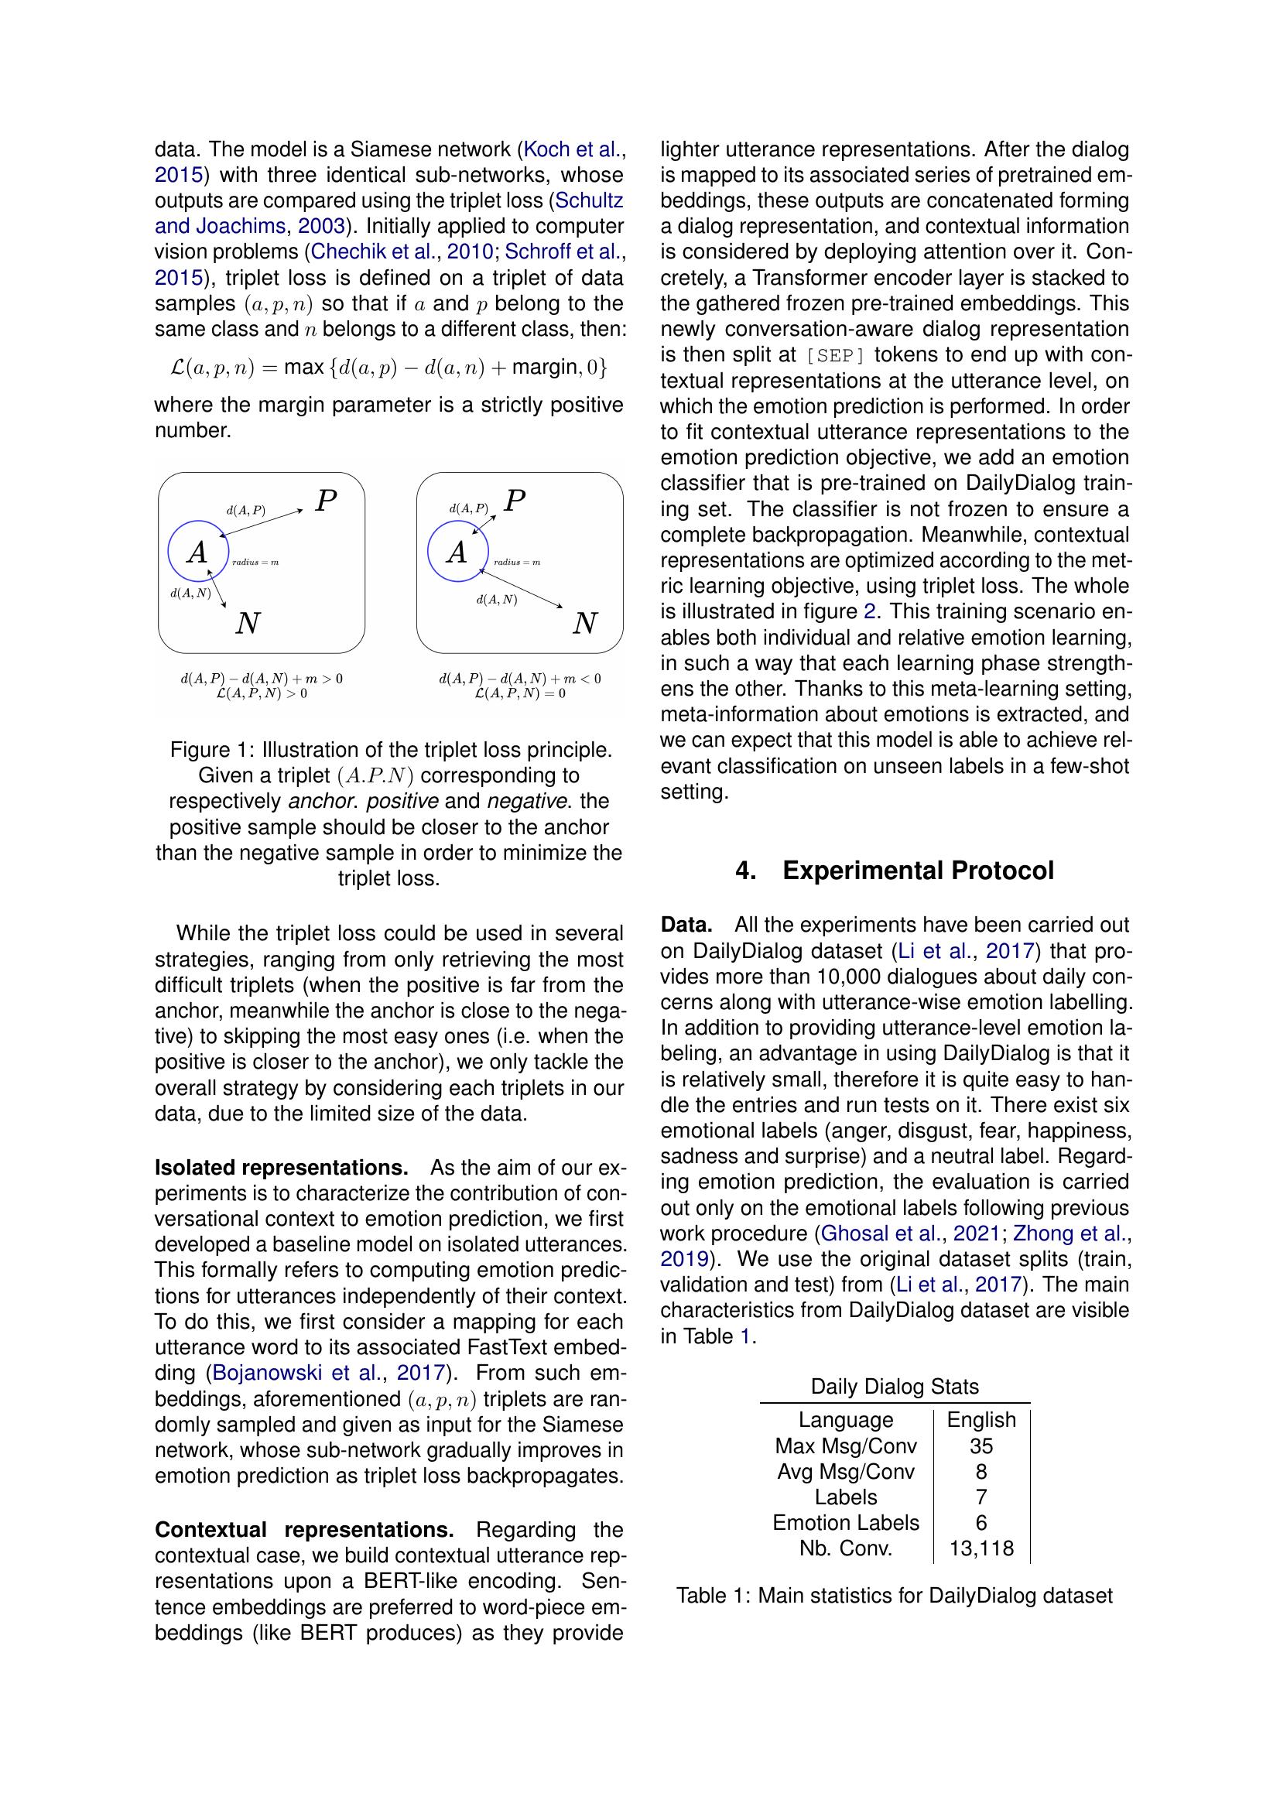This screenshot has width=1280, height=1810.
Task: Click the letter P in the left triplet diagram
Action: pyautogui.click(x=327, y=501)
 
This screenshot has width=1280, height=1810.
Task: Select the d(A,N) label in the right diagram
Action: pyautogui.click(x=497, y=600)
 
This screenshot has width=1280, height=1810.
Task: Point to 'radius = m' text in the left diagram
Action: pyautogui.click(x=255, y=562)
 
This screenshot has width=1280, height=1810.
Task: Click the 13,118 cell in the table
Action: pyautogui.click(x=981, y=1548)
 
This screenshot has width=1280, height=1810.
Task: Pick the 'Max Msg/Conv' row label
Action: pyautogui.click(x=846, y=1446)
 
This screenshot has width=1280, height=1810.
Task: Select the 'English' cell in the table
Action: pyautogui.click(x=981, y=1420)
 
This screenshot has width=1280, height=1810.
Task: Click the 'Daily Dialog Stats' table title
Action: pyautogui.click(x=895, y=1387)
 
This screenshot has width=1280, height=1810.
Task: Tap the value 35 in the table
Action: pyautogui.click(x=981, y=1446)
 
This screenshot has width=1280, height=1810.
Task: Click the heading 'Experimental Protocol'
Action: pyautogui.click(x=918, y=871)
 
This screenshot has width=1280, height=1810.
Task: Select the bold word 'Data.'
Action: pyautogui.click(x=686, y=925)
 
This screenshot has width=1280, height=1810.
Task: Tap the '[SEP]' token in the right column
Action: pyautogui.click(x=836, y=354)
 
